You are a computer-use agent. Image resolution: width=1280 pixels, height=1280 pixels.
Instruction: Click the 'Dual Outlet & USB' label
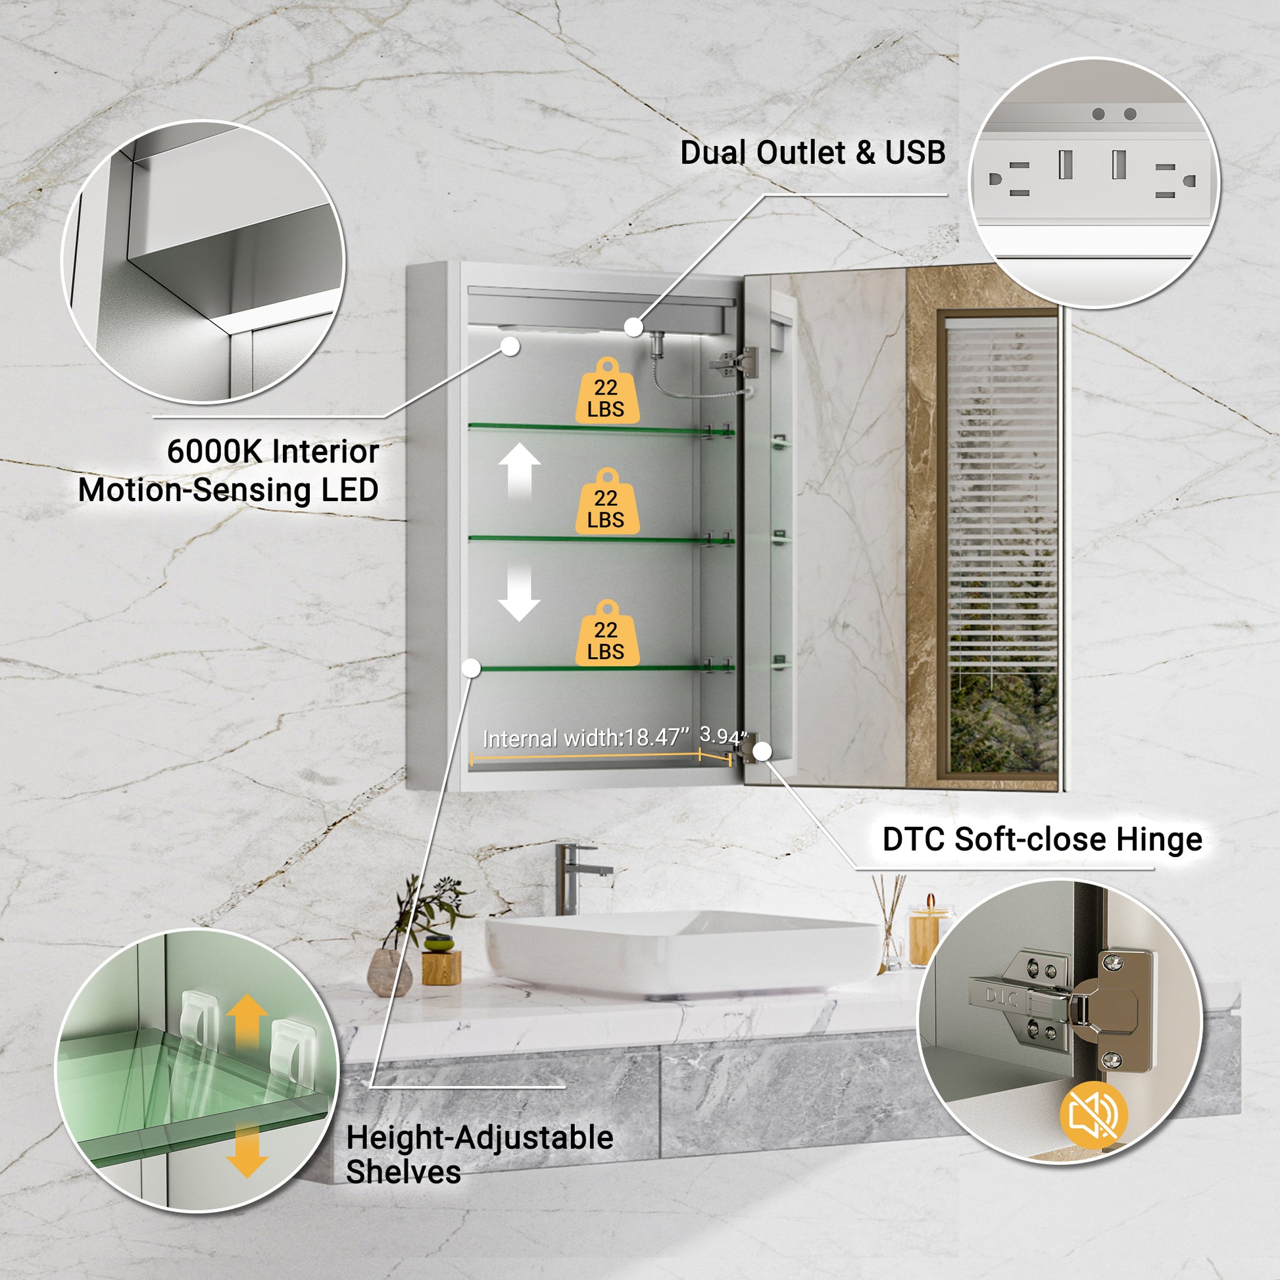pyautogui.click(x=813, y=153)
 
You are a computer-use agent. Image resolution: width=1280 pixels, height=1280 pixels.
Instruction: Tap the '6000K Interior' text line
pyautogui.click(x=273, y=452)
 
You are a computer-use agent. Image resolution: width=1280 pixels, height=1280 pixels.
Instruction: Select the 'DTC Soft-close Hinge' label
pyautogui.click(x=1042, y=839)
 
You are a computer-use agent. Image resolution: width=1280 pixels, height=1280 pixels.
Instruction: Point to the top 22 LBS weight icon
pyautogui.click(x=607, y=391)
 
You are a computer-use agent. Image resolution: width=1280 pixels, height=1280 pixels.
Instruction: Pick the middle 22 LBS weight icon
pyautogui.click(x=607, y=501)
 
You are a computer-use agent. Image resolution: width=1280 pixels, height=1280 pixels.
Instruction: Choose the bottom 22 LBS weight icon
pyautogui.click(x=607, y=633)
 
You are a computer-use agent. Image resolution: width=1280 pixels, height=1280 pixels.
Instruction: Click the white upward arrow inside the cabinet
pyautogui.click(x=520, y=472)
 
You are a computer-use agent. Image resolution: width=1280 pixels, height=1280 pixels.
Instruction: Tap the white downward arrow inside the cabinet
pyautogui.click(x=520, y=593)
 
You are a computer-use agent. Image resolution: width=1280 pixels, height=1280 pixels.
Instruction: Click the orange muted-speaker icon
pyautogui.click(x=1093, y=1115)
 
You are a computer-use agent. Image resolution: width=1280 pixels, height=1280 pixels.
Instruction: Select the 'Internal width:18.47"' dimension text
pyautogui.click(x=585, y=738)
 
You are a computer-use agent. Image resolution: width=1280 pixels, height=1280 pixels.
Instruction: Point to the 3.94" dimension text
pyautogui.click(x=724, y=735)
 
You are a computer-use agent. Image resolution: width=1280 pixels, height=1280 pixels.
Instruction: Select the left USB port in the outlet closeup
pyautogui.click(x=1066, y=164)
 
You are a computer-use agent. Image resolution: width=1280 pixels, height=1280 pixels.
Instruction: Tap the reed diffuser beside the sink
pyautogui.click(x=891, y=923)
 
